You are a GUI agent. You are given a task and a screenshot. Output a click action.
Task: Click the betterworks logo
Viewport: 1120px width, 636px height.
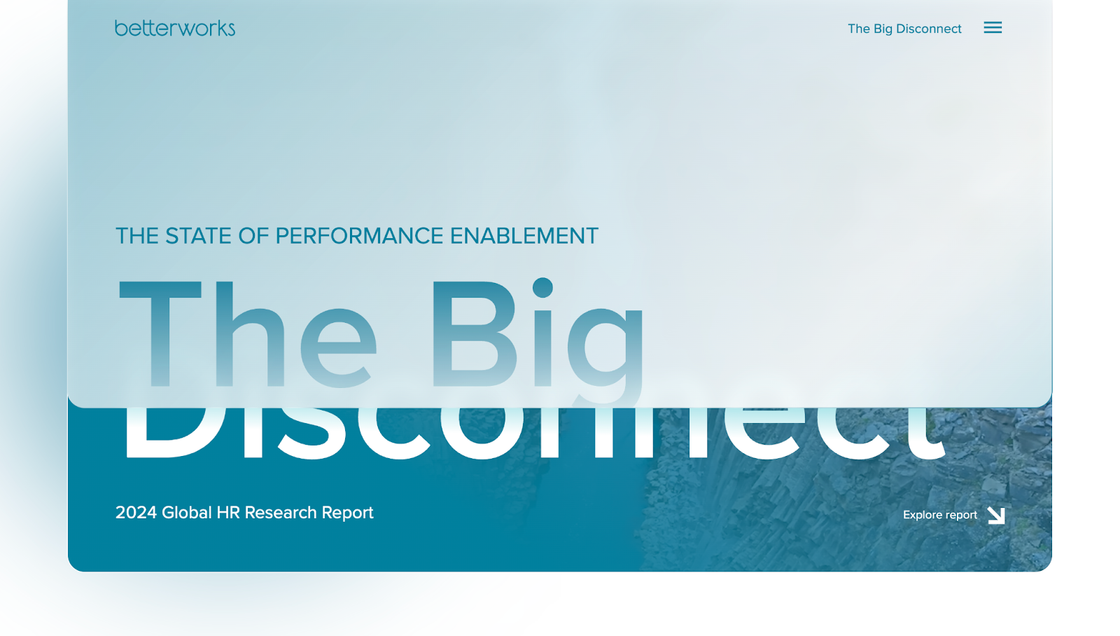[x=175, y=28]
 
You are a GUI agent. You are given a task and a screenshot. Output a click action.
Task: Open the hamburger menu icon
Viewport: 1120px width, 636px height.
[x=993, y=28]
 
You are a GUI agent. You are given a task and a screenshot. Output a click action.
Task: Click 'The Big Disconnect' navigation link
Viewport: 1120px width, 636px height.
[x=904, y=29]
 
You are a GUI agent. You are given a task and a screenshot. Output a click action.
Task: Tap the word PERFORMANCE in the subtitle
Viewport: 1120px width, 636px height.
[x=359, y=236]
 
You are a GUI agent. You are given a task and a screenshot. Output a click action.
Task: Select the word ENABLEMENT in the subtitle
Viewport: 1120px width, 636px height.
[x=524, y=236]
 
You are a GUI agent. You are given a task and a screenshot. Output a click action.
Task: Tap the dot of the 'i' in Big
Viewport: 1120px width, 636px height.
[x=542, y=288]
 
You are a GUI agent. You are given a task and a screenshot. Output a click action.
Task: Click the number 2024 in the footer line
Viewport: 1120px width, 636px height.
[x=136, y=513]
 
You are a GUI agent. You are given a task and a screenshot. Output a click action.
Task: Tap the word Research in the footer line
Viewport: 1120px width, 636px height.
[x=281, y=513]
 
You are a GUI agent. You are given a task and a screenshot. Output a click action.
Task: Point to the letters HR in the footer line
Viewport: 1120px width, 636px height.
[x=228, y=513]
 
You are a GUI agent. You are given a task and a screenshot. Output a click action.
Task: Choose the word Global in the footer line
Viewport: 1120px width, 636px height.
[x=187, y=513]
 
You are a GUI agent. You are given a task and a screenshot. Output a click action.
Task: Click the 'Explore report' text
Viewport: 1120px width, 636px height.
[x=939, y=515]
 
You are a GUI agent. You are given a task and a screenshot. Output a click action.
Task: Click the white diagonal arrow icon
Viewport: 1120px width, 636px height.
[x=996, y=516]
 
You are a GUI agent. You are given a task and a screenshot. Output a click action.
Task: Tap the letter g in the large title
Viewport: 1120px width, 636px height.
[x=606, y=343]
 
